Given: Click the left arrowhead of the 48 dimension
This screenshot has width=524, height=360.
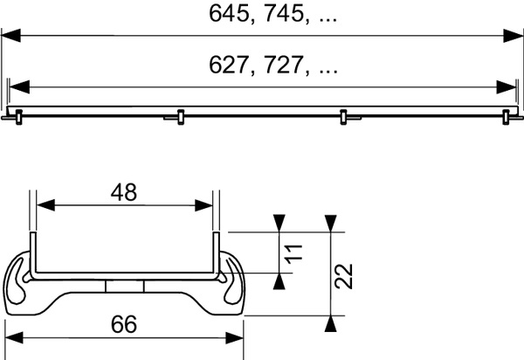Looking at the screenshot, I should (x=43, y=206).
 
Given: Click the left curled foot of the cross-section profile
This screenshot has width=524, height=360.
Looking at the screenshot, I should (x=21, y=281).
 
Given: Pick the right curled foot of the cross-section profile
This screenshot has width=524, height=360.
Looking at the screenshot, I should (x=229, y=281).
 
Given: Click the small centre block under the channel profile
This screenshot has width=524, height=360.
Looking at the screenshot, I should (x=124, y=287).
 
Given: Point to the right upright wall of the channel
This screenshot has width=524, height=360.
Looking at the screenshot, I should (x=214, y=253).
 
